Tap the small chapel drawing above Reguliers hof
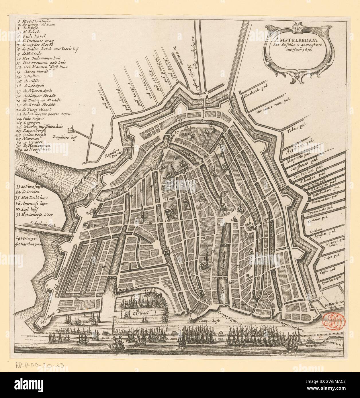tap(69, 130)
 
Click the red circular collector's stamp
tap(334, 319)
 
